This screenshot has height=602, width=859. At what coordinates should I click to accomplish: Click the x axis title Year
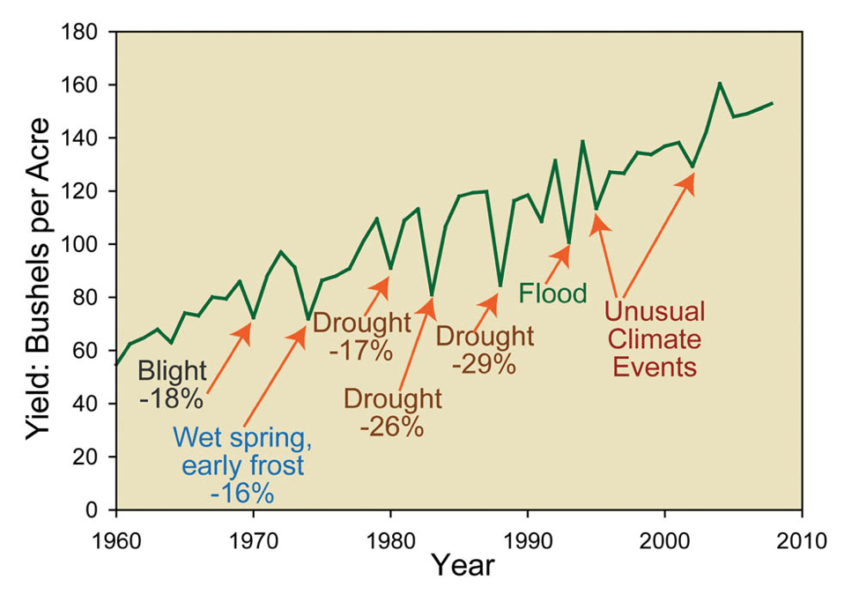[462, 565]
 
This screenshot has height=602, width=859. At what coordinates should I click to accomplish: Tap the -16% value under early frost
[241, 492]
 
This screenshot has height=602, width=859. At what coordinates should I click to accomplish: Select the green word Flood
[552, 293]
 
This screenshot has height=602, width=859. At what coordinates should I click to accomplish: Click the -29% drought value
[484, 363]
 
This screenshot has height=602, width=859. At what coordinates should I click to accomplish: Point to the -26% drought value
[392, 427]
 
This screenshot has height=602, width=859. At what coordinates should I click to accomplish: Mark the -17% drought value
[361, 350]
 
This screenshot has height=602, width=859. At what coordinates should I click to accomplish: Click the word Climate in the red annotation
[653, 339]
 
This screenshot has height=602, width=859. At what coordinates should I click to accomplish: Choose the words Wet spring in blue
[241, 436]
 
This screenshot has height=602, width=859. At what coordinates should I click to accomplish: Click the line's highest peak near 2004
[719, 84]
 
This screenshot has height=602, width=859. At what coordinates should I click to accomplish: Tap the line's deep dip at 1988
[500, 285]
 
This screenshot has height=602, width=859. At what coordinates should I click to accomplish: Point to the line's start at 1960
[116, 364]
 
